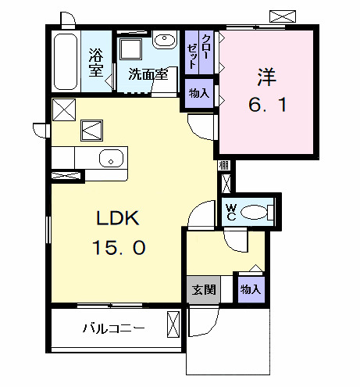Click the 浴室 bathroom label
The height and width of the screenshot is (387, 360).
tap(96, 63)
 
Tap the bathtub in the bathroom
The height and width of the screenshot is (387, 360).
tap(65, 62)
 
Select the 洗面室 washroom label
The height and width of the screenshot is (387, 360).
tap(148, 76)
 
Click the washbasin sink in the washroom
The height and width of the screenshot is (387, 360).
tap(164, 41)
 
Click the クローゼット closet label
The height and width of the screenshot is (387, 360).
tap(199, 52)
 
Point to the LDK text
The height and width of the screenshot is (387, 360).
tap(119, 218)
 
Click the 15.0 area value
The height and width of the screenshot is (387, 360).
tap(119, 248)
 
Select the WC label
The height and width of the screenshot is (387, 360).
tap(230, 211)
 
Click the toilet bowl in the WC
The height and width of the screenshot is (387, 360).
tap(255, 211)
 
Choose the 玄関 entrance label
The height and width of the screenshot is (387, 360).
tap(202, 289)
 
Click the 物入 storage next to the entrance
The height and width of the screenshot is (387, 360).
tap(250, 289)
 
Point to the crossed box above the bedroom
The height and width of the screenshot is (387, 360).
tap(283, 15)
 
